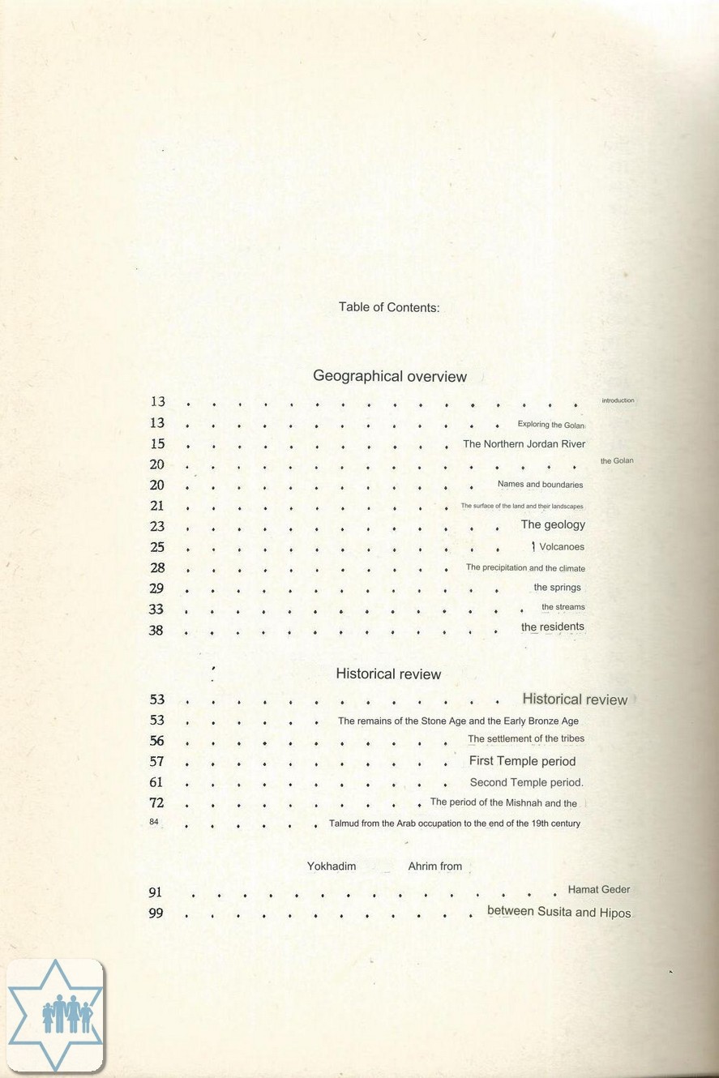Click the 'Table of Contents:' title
(389, 307)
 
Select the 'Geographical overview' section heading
(390, 376)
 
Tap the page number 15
(157, 444)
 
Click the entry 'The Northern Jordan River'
(524, 444)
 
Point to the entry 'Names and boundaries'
(540, 485)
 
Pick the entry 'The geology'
(552, 524)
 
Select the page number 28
(157, 568)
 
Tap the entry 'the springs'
(557, 588)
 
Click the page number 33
(156, 610)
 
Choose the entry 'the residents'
(552, 627)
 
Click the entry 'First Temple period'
(522, 761)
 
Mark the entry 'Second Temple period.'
(526, 782)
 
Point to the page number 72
(157, 803)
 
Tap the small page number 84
(153, 822)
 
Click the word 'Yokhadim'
(332, 866)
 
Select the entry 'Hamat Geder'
(598, 889)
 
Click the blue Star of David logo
(55, 1015)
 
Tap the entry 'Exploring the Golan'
(550, 425)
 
